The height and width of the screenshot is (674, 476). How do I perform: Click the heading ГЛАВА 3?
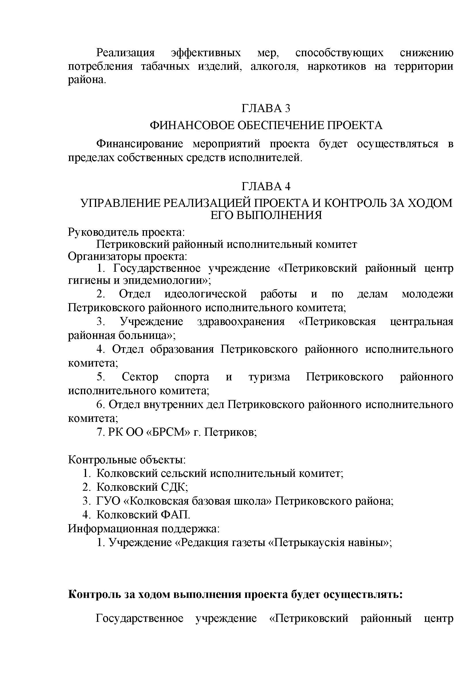pos(266,109)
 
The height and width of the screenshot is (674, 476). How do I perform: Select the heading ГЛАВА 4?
pos(266,186)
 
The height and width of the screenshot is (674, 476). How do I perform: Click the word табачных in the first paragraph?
pos(165,67)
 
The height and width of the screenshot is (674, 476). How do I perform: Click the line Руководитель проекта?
pos(126,232)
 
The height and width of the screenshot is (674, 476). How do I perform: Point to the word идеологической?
pos(205,294)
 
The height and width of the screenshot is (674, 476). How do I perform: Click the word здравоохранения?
pos(241,322)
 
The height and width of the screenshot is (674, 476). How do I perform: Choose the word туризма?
pos(269,377)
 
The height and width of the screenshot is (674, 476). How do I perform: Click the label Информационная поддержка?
pos(144,528)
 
